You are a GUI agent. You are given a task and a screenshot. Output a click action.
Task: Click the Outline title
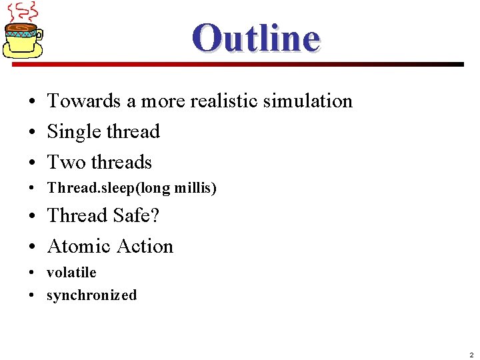click(256, 37)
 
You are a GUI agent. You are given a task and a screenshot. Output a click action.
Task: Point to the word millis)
click(195, 189)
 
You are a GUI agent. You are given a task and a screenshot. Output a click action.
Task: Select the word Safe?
click(136, 216)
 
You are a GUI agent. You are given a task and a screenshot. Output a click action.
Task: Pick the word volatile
click(71, 273)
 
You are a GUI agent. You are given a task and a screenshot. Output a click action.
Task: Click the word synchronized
click(91, 295)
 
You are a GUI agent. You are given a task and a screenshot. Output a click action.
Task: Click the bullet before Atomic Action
click(32, 247)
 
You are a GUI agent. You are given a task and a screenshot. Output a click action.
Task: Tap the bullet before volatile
click(32, 273)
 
